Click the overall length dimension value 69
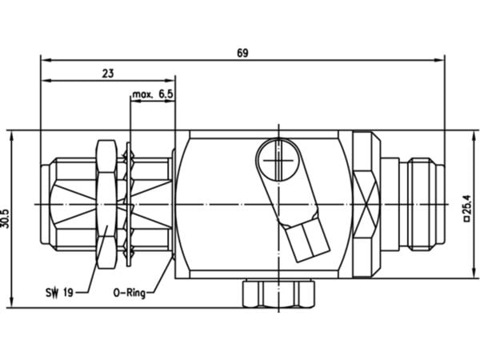242,53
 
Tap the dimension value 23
107,74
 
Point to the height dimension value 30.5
6,218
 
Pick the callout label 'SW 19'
59,293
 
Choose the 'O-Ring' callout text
129,293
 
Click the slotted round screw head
278,159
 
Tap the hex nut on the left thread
106,204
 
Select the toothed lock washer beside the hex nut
129,204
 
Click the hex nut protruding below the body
278,294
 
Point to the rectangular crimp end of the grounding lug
308,241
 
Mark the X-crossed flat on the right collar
366,205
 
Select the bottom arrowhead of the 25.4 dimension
474,273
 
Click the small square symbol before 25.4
467,219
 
